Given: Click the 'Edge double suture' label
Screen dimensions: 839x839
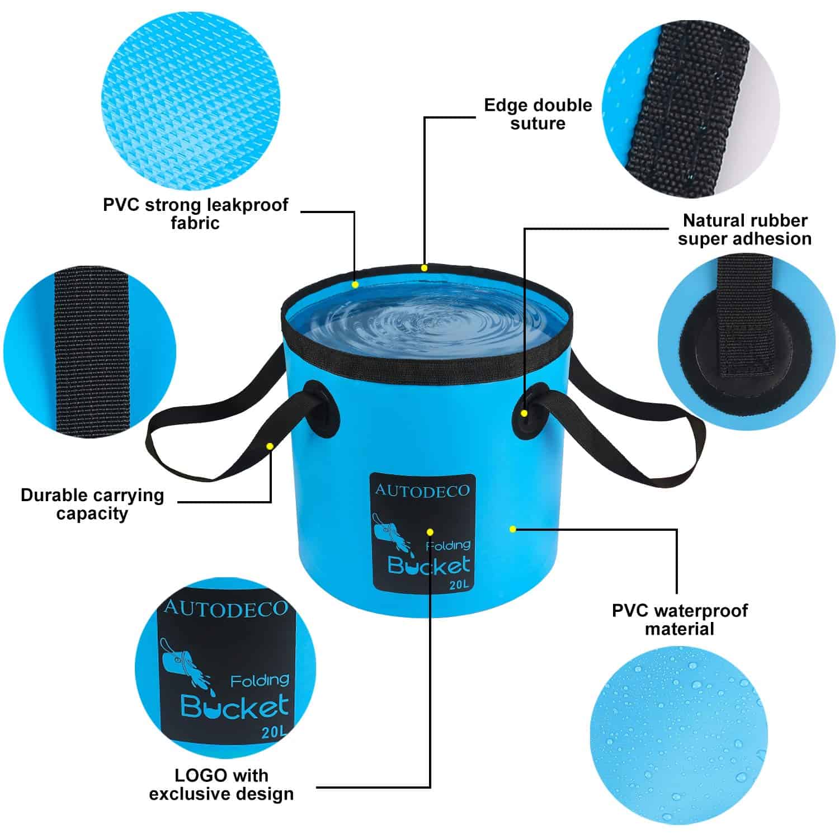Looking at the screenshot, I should (538, 114).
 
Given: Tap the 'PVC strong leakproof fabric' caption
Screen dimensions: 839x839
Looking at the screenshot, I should (195, 214).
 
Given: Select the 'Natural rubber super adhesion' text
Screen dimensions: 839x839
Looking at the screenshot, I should (744, 229).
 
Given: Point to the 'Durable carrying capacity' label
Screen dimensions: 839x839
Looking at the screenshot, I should (92, 504).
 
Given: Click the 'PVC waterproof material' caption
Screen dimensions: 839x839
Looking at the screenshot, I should (680, 619).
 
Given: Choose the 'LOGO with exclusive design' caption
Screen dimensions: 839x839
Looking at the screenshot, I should (221, 784).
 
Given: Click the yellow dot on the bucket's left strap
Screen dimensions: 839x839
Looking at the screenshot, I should (270, 446).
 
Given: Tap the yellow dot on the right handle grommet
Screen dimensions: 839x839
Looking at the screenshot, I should (524, 413).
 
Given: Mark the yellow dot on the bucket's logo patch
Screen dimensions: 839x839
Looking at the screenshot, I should (430, 531).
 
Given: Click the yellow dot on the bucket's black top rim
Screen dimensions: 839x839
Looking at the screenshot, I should (424, 268).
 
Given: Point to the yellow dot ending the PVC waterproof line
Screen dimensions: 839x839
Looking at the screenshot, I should (513, 529).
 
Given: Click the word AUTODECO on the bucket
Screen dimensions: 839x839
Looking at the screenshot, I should (422, 491).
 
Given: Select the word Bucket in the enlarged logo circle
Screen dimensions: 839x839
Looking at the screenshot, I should (235, 707).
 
